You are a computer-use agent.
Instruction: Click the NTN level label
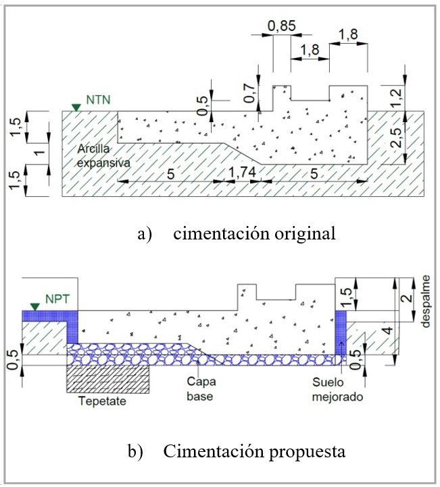98,100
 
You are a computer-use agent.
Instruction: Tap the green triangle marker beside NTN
76,107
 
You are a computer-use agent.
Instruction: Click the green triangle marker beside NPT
35,307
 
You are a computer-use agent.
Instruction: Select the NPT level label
57,299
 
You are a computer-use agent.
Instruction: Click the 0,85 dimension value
282,26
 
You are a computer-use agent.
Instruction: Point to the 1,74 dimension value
242,172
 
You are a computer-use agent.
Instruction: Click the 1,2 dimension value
396,98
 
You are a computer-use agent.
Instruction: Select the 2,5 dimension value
396,138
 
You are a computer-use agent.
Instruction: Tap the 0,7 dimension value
249,94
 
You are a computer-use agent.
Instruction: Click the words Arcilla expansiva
103,156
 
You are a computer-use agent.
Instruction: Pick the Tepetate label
102,401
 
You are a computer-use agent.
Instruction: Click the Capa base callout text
201,389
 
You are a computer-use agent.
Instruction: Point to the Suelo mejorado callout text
337,389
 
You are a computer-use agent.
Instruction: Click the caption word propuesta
307,452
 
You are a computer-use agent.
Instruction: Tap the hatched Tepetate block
108,379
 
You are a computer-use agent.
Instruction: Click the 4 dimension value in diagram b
388,330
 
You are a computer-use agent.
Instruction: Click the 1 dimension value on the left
39,152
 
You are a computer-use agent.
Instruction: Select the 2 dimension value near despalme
406,299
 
